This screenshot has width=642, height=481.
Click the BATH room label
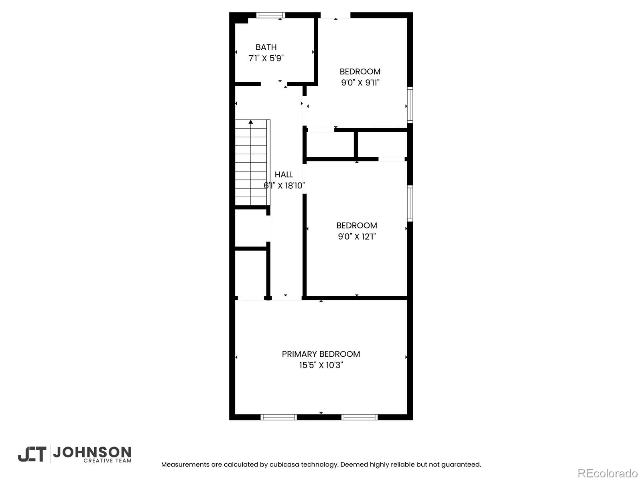tap(266, 47)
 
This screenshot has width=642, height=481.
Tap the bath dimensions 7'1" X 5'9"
tap(266, 58)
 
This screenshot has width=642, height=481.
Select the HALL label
tap(284, 174)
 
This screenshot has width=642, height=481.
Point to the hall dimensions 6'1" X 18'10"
tap(284, 186)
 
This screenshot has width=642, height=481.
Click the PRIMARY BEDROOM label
tap(321, 354)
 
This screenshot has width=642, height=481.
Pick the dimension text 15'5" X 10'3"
tap(321, 365)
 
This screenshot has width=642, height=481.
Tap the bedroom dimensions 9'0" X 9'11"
tap(360, 83)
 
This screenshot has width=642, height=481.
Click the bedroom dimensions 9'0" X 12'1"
tap(357, 236)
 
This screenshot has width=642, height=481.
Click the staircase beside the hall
tap(252, 162)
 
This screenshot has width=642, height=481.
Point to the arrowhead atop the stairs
tap(251, 122)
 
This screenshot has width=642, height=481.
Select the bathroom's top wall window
tap(270, 15)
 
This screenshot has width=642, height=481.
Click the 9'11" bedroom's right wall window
tap(410, 105)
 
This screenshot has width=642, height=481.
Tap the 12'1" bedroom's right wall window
tap(410, 203)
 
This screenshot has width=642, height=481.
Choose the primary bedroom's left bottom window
tap(278, 417)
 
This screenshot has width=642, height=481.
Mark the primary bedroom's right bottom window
tap(360, 417)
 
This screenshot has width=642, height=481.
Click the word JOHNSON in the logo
tap(92, 453)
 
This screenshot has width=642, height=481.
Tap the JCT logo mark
tap(32, 455)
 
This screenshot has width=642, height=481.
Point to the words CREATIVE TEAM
tap(108, 461)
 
